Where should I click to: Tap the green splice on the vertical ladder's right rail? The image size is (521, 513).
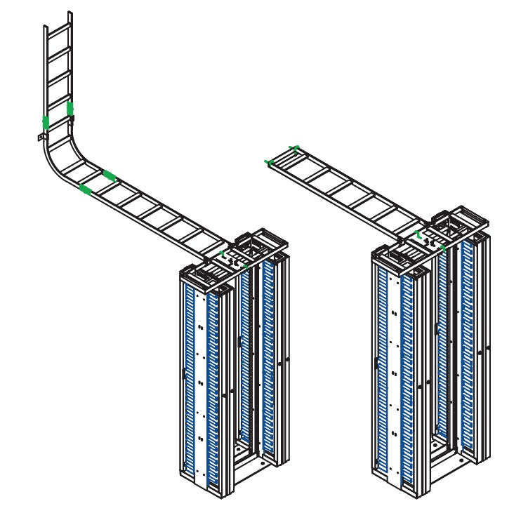[x=70, y=109]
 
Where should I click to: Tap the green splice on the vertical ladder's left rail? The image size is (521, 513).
[x=46, y=122]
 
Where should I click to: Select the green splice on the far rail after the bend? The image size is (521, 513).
[x=110, y=173]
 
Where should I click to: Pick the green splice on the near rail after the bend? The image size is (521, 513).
[x=85, y=189]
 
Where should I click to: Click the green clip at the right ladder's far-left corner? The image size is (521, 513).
[x=268, y=162]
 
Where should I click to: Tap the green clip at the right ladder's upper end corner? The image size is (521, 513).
[x=295, y=148]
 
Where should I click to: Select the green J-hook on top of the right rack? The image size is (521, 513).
[x=418, y=234]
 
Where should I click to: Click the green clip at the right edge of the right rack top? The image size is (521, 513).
[x=443, y=248]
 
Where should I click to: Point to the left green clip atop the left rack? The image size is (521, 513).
[x=221, y=252]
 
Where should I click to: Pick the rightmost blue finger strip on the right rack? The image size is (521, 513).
[x=468, y=344]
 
